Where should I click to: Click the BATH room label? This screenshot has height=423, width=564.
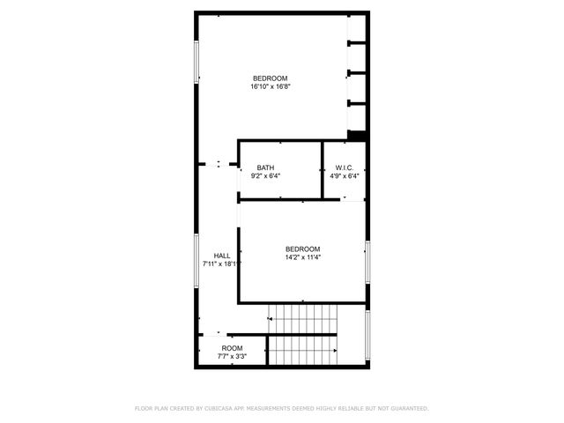(265, 167)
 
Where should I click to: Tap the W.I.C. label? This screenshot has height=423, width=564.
(344, 167)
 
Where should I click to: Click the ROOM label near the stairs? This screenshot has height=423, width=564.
(232, 348)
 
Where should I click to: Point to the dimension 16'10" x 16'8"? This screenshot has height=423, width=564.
(271, 86)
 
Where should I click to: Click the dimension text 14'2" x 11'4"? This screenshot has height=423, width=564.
(302, 258)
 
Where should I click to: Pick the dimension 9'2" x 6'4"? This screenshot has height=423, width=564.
(265, 176)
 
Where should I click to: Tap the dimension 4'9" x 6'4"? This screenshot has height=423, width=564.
(344, 176)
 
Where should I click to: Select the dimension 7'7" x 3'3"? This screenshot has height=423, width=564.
(232, 357)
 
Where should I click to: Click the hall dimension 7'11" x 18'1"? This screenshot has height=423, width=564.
(221, 263)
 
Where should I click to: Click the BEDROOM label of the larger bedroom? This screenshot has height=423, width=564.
(271, 78)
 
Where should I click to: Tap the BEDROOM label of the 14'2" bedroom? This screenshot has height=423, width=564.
(302, 249)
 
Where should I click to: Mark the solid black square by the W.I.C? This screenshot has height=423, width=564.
(357, 136)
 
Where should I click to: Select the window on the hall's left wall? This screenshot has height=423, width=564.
(197, 259)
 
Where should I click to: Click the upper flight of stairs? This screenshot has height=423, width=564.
(303, 316)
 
